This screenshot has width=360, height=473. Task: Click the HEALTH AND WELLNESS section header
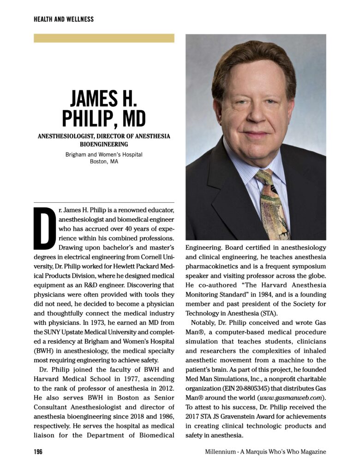(x=64, y=19)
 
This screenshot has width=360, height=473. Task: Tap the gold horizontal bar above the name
(x=104, y=38)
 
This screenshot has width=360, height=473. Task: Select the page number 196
(x=38, y=452)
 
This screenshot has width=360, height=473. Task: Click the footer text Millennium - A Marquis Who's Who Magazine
(x=265, y=452)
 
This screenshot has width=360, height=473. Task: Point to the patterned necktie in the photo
(x=273, y=203)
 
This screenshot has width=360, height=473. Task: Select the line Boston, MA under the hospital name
(x=104, y=162)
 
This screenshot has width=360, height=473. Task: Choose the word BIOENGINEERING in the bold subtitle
(x=104, y=144)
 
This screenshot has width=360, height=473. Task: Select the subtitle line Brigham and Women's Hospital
(x=104, y=154)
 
